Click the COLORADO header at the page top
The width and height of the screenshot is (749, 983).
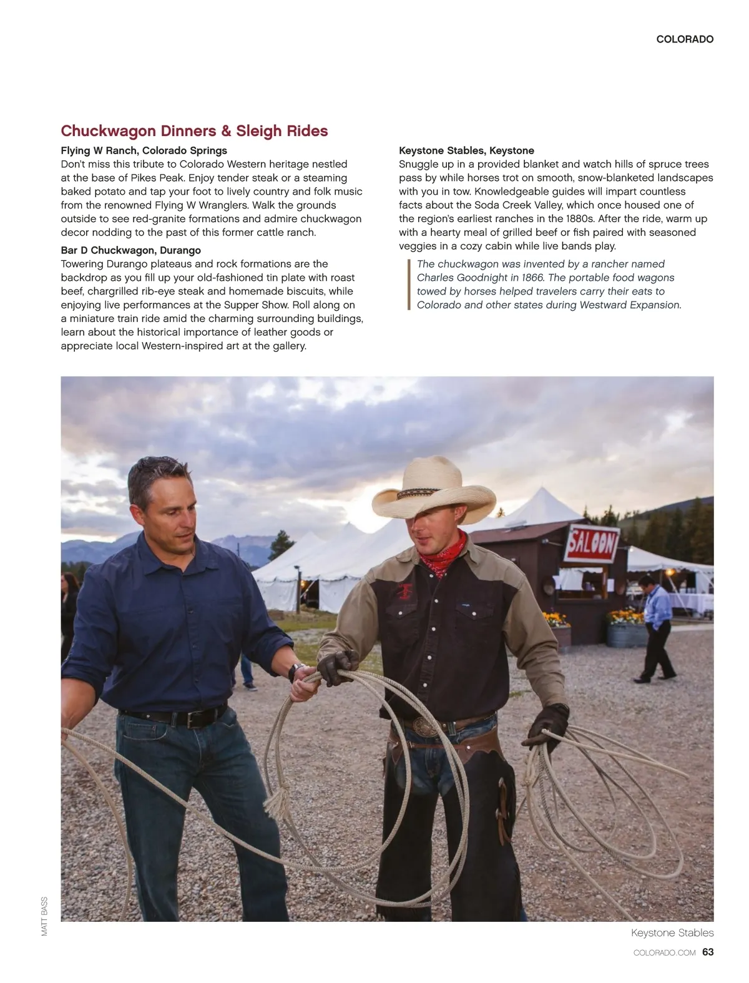click(x=685, y=39)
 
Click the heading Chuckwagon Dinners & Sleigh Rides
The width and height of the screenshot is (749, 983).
click(x=194, y=131)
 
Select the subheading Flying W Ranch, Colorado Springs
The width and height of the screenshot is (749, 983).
click(x=144, y=150)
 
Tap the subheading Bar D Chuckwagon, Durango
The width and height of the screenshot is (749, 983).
click(x=130, y=250)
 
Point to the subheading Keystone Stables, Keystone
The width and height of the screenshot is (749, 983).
click(x=466, y=150)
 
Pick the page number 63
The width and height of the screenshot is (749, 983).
click(x=708, y=952)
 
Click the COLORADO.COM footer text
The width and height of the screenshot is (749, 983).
click(x=664, y=953)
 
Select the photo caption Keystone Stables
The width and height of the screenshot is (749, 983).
click(x=672, y=933)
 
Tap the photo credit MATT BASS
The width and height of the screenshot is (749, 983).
click(x=44, y=916)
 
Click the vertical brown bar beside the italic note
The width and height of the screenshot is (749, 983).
click(x=409, y=285)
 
